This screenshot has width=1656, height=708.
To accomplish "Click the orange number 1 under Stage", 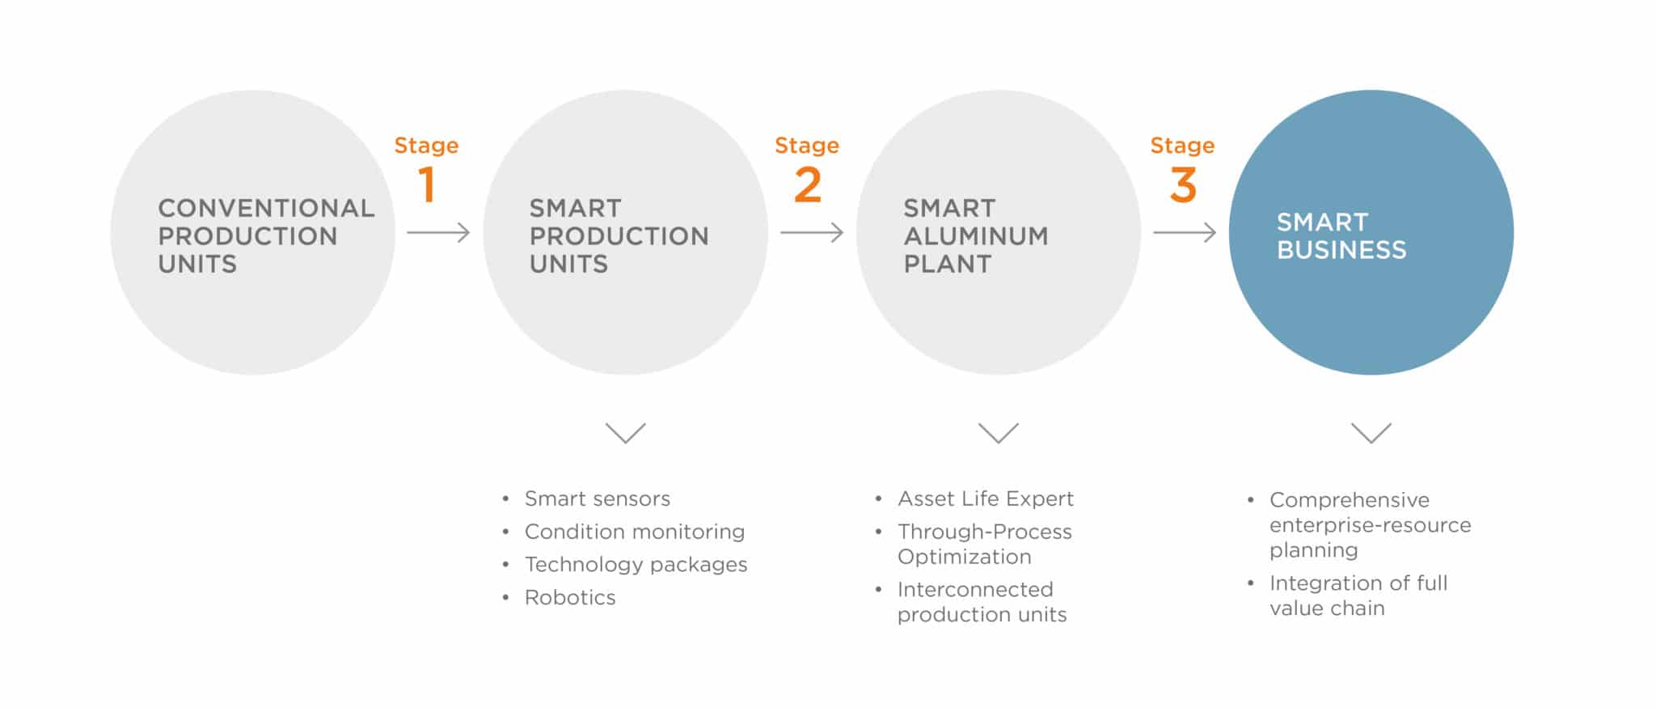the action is point(427,184).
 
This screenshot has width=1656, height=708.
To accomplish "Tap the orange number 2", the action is point(808,184).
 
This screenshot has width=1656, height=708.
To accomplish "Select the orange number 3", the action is point(1183,184).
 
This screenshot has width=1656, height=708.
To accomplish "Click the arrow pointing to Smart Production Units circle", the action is point(438,233).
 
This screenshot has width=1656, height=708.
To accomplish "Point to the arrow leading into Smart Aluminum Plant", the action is point(812,233).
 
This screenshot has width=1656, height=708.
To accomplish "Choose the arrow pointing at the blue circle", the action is point(1185,233).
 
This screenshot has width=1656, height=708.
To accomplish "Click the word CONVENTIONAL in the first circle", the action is point(266,208).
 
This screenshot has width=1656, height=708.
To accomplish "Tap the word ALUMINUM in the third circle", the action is point(976,236).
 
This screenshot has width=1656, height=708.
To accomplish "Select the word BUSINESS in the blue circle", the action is point(1341,250).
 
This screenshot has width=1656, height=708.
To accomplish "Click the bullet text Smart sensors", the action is point(598,498).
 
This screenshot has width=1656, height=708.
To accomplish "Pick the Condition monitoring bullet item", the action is point(635,532).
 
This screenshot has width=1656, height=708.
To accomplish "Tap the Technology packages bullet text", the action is point(636,565).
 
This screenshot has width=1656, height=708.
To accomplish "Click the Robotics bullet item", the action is point(570,597).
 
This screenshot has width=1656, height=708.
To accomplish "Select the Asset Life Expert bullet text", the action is point(986,498).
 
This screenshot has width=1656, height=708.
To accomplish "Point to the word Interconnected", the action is point(975,589).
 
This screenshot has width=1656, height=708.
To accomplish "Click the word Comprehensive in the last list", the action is point(1350,500).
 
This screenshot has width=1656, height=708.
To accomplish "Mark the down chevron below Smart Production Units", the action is point(626,433).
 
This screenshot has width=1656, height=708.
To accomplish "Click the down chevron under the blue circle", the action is point(1371,433).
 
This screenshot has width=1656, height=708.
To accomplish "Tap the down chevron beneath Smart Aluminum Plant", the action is point(999,433).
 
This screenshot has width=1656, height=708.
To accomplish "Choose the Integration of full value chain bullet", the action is point(1358,596).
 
